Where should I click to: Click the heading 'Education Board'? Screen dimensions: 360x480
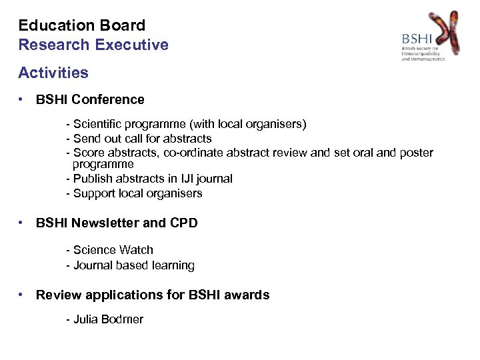coord(81,26)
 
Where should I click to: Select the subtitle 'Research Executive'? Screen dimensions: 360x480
coord(93,45)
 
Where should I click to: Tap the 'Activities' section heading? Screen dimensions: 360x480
coord(53,72)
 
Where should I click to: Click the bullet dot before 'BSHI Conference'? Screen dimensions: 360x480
coord(23,99)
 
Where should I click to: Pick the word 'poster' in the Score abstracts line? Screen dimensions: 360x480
coord(415,153)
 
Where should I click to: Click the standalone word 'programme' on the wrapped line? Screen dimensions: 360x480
coord(103,164)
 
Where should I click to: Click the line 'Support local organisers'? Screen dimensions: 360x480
coord(134,193)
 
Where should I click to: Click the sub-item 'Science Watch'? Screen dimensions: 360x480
coord(110,250)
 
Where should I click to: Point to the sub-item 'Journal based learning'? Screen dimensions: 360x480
coord(131,265)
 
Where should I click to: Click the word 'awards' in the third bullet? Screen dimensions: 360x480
coord(247,295)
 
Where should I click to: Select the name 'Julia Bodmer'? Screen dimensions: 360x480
coord(105,319)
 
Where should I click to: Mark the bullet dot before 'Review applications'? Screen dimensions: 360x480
coord(23,295)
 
